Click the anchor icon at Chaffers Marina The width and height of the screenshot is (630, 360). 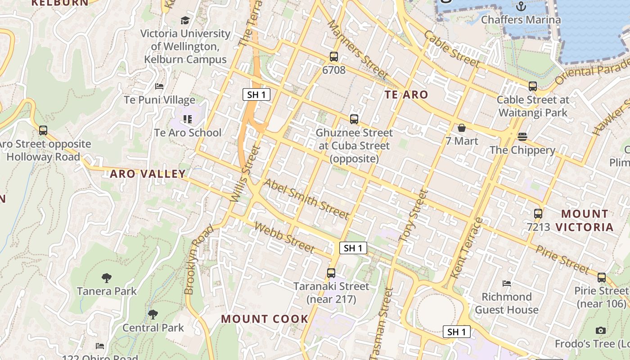point(521,6)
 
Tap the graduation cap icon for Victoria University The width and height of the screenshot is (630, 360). point(185,20)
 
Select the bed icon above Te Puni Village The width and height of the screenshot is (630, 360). point(159,86)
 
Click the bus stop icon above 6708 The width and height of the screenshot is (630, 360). point(333,57)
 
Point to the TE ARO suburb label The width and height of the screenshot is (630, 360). point(406,94)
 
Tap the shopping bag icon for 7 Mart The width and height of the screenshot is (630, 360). point(461,128)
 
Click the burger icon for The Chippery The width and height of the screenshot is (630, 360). point(522,136)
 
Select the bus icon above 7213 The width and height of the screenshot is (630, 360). point(538,214)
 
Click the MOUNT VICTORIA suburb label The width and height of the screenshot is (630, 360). point(585,220)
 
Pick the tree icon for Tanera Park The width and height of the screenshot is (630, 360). point(107,278)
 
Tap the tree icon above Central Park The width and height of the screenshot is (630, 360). point(153,314)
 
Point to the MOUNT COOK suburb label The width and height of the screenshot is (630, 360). point(265,319)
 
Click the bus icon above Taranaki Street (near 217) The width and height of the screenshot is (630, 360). point(331,273)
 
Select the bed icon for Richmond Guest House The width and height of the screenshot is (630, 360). point(507,283)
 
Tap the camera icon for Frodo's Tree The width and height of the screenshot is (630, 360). point(600,331)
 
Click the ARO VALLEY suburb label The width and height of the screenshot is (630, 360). point(148,174)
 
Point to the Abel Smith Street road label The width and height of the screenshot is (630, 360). point(306,198)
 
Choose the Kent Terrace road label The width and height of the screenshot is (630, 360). point(467,247)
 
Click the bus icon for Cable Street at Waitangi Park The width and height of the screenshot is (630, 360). point(533,86)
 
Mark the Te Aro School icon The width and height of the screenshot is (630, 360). point(188,119)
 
